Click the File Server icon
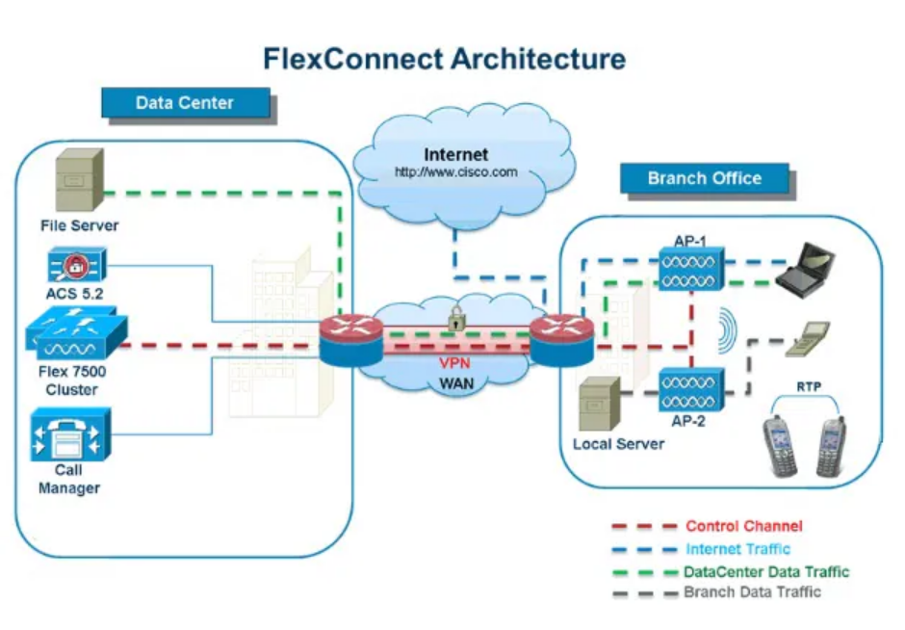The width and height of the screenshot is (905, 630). [x=75, y=182]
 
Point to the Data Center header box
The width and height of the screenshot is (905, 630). [x=184, y=102]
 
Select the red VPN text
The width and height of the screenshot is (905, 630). [x=455, y=364]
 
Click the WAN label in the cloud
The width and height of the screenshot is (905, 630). [x=455, y=383]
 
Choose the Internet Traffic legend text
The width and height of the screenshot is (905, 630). [x=737, y=549]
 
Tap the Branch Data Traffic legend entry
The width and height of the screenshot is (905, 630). [x=752, y=592]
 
